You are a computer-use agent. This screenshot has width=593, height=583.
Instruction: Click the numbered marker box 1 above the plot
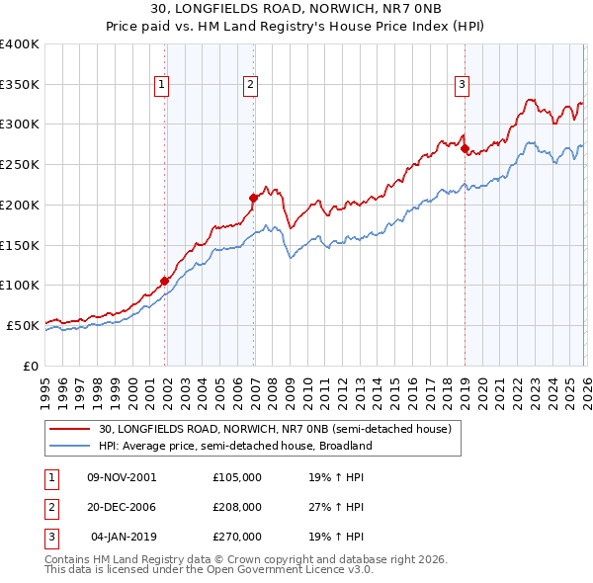tap(161, 86)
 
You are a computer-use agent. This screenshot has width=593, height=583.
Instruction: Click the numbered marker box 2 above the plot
tap(251, 86)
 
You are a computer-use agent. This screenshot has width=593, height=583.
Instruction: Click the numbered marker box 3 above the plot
tap(462, 86)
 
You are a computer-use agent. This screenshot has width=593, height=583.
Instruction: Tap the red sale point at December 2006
tap(253, 198)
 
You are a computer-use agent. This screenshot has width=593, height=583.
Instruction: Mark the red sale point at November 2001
tap(164, 281)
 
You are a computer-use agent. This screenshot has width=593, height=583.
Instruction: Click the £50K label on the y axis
tap(23, 325)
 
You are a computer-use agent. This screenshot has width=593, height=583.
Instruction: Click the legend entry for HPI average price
tap(234, 446)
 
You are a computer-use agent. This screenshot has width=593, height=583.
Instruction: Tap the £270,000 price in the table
tap(237, 537)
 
